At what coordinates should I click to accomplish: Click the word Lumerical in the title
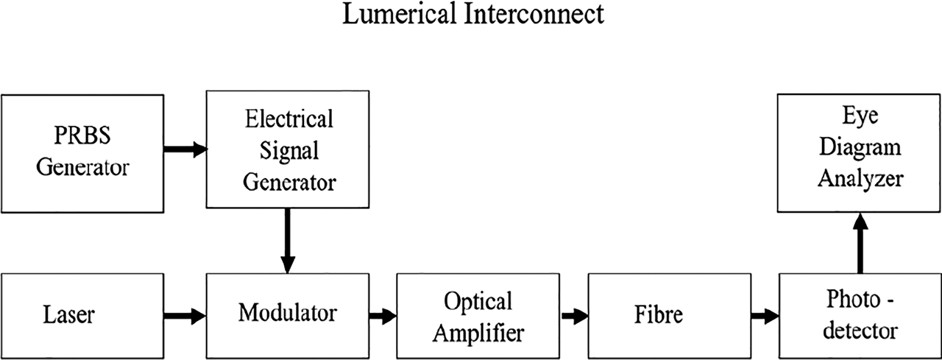(x=398, y=15)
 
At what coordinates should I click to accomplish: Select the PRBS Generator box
(x=82, y=153)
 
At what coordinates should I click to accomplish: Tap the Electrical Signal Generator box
(x=288, y=150)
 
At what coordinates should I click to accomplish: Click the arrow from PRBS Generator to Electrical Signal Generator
(x=185, y=150)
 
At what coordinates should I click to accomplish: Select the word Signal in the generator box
(x=288, y=150)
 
